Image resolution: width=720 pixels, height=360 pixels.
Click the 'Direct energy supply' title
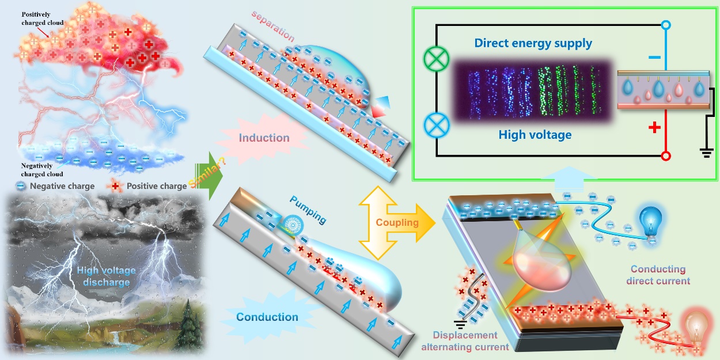[533, 43]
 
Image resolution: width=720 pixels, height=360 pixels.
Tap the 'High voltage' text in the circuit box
[535, 135]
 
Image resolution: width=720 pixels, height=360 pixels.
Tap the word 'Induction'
[264, 138]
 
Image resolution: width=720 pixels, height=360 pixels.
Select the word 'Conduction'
[267, 317]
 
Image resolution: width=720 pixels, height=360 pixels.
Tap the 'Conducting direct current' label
[658, 275]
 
